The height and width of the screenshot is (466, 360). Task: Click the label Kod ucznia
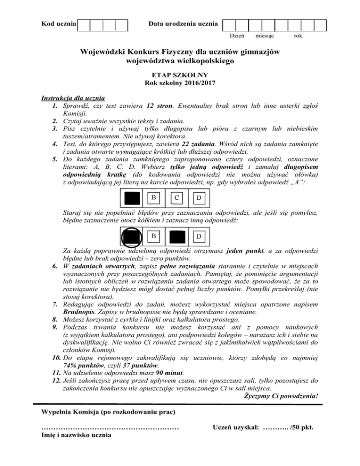click(x=59, y=23)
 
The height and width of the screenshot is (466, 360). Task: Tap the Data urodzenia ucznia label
click(x=183, y=23)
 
